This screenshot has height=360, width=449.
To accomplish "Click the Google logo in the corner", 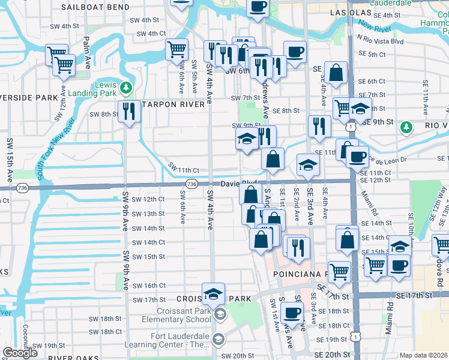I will click(20, 353).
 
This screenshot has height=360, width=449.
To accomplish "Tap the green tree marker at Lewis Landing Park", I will click(126, 88).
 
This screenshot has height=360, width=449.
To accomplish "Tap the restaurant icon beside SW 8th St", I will click(129, 111).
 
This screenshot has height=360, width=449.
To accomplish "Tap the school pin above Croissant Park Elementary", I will click(213, 294).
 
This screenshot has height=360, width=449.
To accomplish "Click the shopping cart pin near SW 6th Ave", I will click(176, 50).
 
